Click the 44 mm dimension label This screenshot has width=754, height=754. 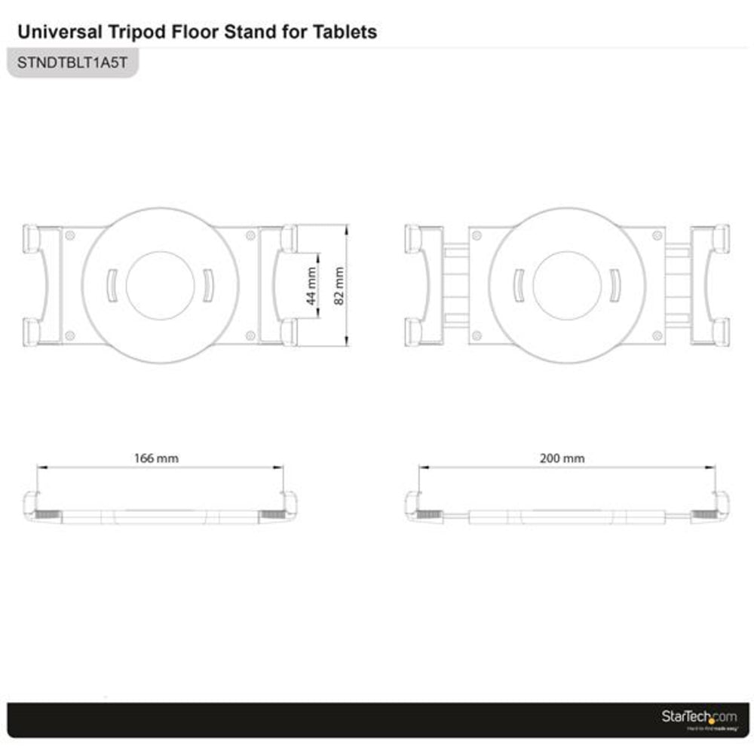[311, 287]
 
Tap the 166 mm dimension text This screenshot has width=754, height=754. [156, 458]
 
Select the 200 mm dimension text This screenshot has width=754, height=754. [562, 458]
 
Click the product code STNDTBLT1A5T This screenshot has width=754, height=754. [72, 63]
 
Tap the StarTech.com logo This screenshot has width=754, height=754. [699, 717]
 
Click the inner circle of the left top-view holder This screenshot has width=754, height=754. [160, 285]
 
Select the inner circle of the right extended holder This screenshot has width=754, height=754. [567, 285]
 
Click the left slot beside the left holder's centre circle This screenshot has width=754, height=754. [112, 285]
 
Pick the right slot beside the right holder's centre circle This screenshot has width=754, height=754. [615, 285]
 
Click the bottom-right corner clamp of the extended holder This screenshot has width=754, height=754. [719, 331]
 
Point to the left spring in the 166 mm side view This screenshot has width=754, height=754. [46, 515]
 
